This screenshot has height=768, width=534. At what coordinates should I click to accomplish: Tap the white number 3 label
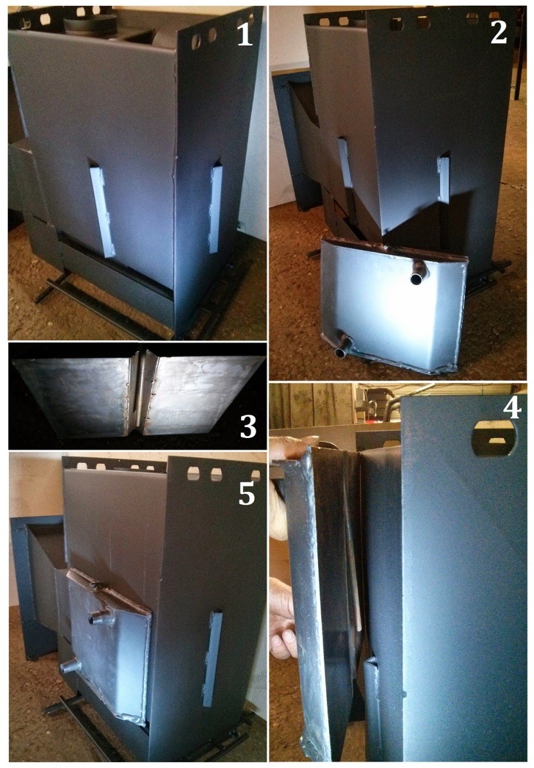coord(248,426)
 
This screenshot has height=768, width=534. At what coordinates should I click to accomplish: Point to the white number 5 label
coord(247,494)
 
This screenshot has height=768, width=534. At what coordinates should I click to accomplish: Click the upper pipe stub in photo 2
coord(418,272)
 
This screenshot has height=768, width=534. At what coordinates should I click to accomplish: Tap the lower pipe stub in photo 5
coord(71,666)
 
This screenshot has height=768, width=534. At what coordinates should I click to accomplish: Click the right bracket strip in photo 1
coord(215,209)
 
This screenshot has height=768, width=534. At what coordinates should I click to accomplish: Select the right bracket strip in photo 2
coord(443,179)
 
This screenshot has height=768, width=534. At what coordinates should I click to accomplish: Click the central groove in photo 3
coord(140,392)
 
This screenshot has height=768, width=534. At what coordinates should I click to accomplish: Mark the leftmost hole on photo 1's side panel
coord(196,42)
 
